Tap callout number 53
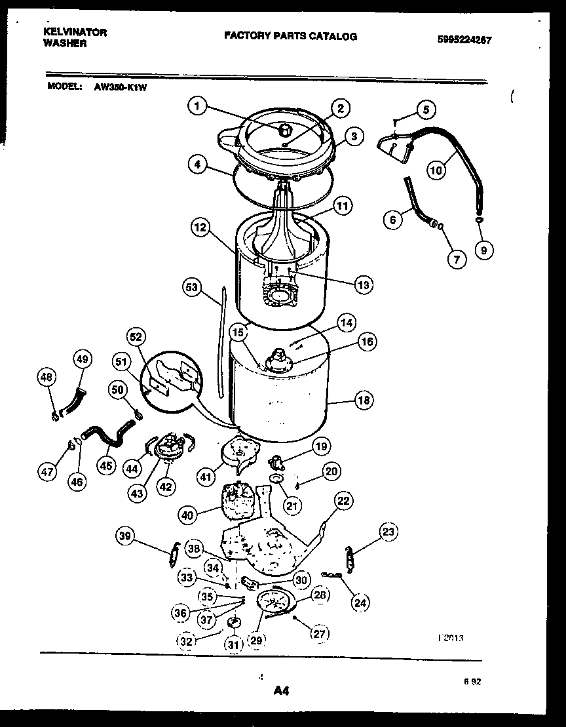[x=191, y=286]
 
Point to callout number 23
[x=388, y=533]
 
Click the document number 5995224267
[x=464, y=39]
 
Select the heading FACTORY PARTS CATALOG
[x=291, y=36]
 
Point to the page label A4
[x=280, y=690]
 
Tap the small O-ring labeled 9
[x=480, y=220]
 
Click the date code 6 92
[x=472, y=682]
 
